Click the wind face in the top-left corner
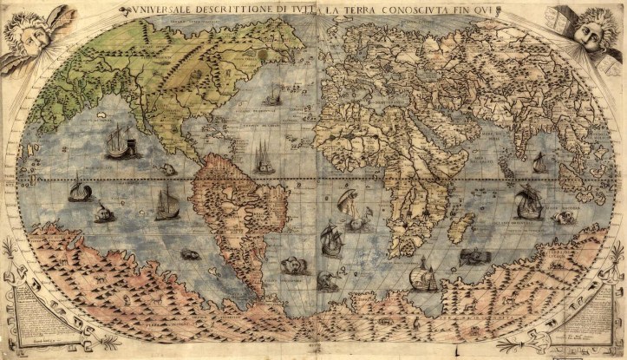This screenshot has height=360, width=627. tap(26, 35)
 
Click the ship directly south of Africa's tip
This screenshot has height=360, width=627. tap(422, 277)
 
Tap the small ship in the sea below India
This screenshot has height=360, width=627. tap(539, 162)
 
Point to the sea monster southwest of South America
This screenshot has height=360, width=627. tap(189, 254)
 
